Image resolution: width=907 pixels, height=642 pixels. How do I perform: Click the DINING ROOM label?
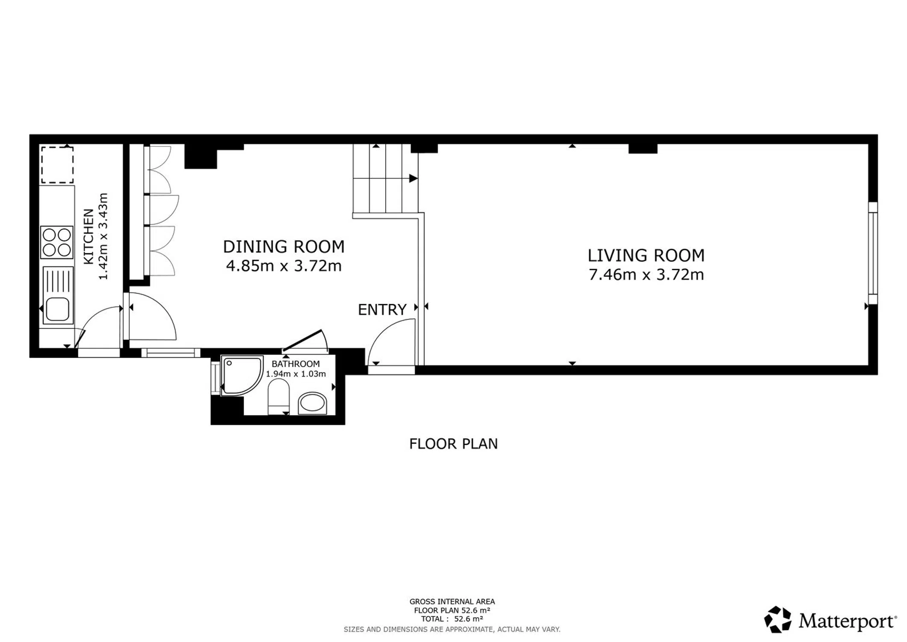[284, 247]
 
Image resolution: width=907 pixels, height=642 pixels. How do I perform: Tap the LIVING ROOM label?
[646, 256]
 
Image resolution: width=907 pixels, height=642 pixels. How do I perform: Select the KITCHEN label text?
[89, 236]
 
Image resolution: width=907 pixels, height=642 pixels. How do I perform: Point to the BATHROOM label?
[295, 364]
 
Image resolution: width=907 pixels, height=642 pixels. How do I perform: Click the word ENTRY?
[382, 309]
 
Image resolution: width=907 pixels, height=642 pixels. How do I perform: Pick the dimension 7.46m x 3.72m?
[646, 274]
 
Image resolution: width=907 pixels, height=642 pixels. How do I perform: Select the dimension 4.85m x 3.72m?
[284, 266]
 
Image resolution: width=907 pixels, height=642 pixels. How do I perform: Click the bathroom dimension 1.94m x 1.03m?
[295, 374]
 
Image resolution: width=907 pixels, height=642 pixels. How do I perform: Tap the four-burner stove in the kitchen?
[57, 242]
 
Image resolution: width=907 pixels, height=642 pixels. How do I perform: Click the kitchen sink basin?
[57, 309]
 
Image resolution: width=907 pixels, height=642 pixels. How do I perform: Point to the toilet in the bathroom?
[278, 396]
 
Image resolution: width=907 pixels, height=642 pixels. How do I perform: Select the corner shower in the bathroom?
[242, 375]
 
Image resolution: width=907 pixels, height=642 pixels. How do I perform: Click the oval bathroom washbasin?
[312, 403]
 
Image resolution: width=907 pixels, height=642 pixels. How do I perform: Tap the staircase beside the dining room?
[385, 178]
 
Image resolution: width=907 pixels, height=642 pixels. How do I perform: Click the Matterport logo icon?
[777, 619]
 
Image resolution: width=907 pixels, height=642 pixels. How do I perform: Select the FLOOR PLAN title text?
[453, 444]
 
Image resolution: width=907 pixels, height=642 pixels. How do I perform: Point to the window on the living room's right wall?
[873, 253]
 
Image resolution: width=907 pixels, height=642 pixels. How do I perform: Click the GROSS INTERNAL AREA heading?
[452, 601]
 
